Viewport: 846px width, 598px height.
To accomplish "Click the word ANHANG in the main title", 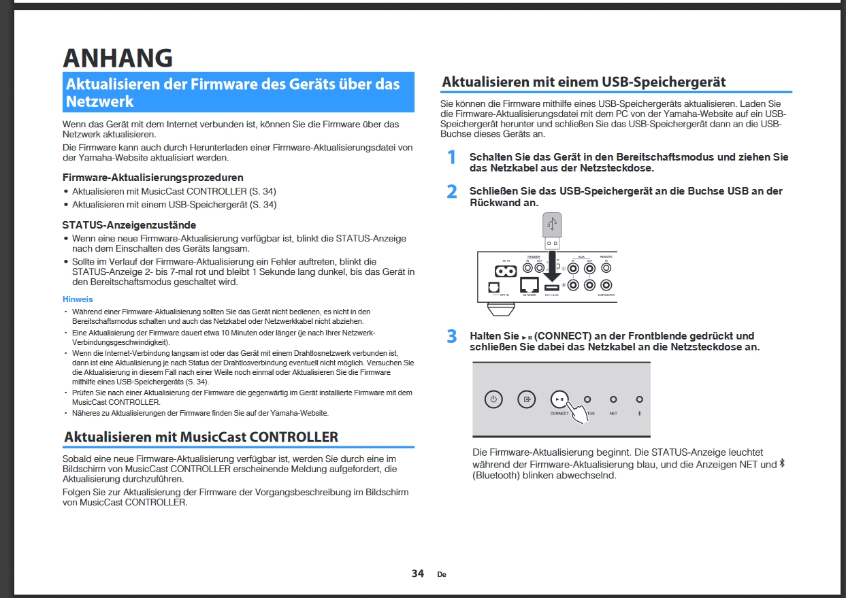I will (117, 58).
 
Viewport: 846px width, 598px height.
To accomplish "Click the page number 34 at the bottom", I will (418, 574).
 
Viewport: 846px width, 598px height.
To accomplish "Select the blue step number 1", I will (451, 158).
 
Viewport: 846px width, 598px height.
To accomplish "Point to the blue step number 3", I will (452, 337).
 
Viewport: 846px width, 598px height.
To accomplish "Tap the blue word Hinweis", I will (78, 299).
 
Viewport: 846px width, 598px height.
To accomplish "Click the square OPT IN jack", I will (494, 287).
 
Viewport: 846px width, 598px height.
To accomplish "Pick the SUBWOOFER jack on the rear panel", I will (606, 286).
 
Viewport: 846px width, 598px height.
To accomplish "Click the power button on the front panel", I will (493, 399).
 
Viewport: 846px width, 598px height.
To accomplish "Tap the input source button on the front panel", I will (526, 399).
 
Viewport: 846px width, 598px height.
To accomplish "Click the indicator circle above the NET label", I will (613, 399).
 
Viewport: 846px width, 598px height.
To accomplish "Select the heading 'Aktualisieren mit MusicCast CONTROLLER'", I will (201, 437).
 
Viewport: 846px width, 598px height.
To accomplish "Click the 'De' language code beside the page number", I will (442, 574).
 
